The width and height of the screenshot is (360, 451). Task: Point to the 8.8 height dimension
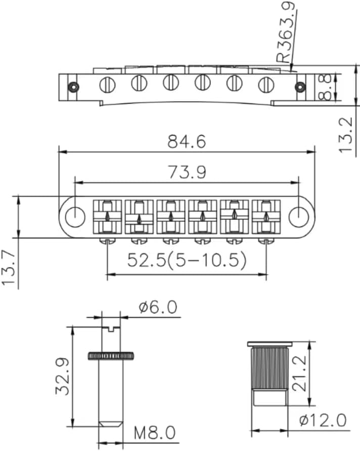point(327,87)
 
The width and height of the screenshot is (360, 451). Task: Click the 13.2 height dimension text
point(346,135)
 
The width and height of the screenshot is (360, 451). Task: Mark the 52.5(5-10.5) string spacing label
point(187,260)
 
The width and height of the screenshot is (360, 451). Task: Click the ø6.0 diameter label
point(158,307)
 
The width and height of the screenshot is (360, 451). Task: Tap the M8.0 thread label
point(154,433)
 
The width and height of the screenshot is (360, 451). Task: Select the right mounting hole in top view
point(297,216)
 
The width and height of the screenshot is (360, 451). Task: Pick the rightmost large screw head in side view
point(265,85)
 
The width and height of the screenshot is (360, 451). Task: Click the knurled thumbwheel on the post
point(111,356)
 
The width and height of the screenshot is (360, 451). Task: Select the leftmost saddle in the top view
point(107,217)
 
